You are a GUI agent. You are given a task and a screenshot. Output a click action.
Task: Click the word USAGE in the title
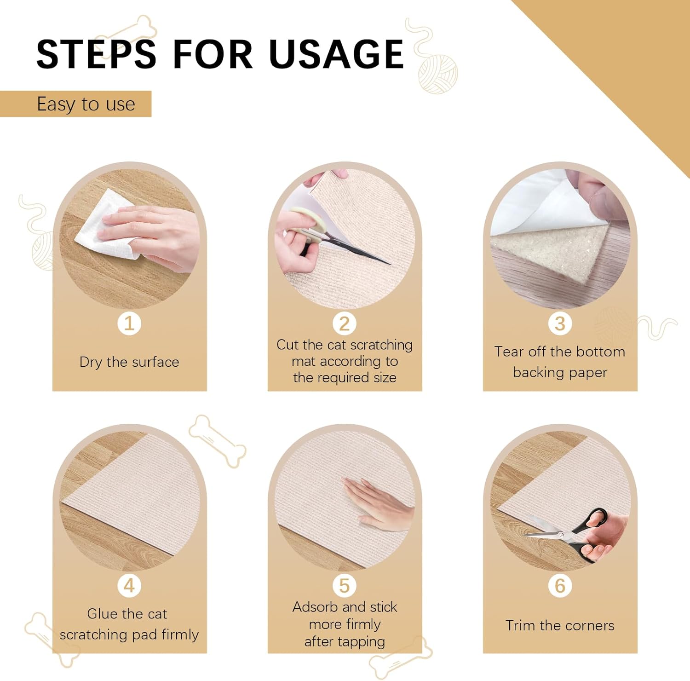coord(336,54)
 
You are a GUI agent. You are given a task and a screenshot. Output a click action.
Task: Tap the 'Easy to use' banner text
coord(86,104)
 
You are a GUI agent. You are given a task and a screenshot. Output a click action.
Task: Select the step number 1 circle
coord(129,323)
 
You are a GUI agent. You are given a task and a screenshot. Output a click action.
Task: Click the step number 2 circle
coord(345,323)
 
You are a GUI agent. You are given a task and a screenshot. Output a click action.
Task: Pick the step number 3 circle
coord(560,323)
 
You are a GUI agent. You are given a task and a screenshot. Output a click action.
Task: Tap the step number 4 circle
coord(129,585)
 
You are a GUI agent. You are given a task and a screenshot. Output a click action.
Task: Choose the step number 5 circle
coord(345,585)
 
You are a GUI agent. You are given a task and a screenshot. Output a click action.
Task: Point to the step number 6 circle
coord(560,585)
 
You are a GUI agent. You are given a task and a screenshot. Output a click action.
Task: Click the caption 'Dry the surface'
coord(129,362)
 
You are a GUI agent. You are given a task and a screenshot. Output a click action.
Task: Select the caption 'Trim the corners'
coord(560,625)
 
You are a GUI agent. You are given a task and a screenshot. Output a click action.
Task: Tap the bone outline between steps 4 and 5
coord(217,441)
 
